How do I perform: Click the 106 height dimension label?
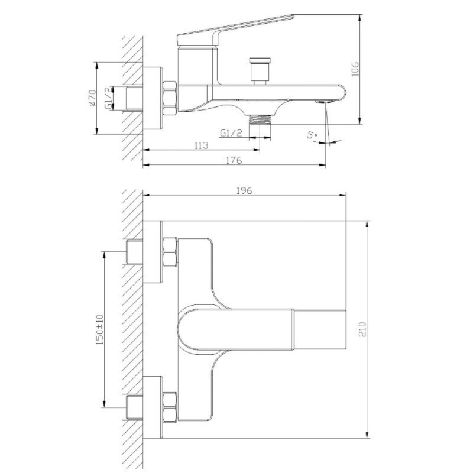pos(356,69)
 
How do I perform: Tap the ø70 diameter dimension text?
pos(92,98)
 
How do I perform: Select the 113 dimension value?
pos(201,145)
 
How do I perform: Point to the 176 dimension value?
pos(234,160)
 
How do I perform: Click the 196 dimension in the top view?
pos(244,190)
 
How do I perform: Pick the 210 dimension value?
pos(362,329)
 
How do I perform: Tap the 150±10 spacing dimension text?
pos(99,329)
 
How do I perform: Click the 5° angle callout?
pos(312,134)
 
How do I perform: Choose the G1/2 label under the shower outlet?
pos(231,132)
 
